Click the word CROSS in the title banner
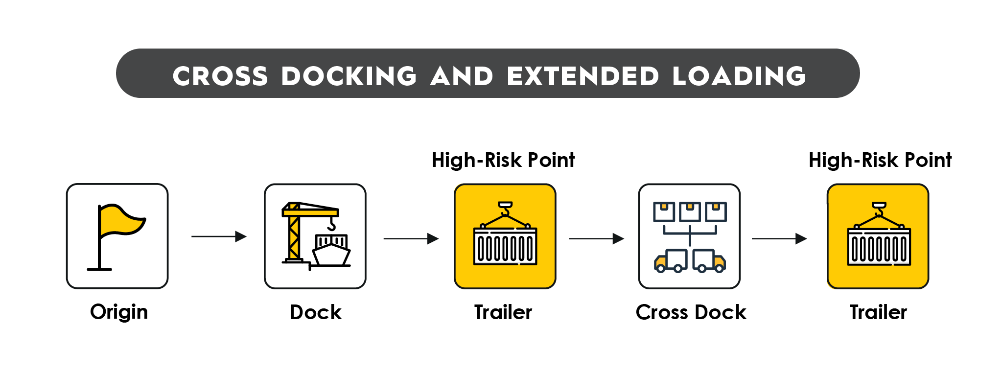pos(220,77)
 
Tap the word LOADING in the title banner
pos(739,77)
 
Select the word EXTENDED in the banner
pos(583,77)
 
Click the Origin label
pos(119,312)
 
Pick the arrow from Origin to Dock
pos(219,237)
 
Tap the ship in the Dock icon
pos(331,252)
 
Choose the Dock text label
pos(315,312)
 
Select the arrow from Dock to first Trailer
pos(411,239)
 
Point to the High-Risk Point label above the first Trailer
pos(503,160)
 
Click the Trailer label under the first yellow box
pos(503,312)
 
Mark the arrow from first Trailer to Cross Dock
pos(596,239)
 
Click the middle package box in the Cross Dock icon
pos(690,212)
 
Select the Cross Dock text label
pos(691,312)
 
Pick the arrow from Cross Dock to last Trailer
pos(779,239)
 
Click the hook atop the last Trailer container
pos(879,210)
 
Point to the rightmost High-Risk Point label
pos(880,160)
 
